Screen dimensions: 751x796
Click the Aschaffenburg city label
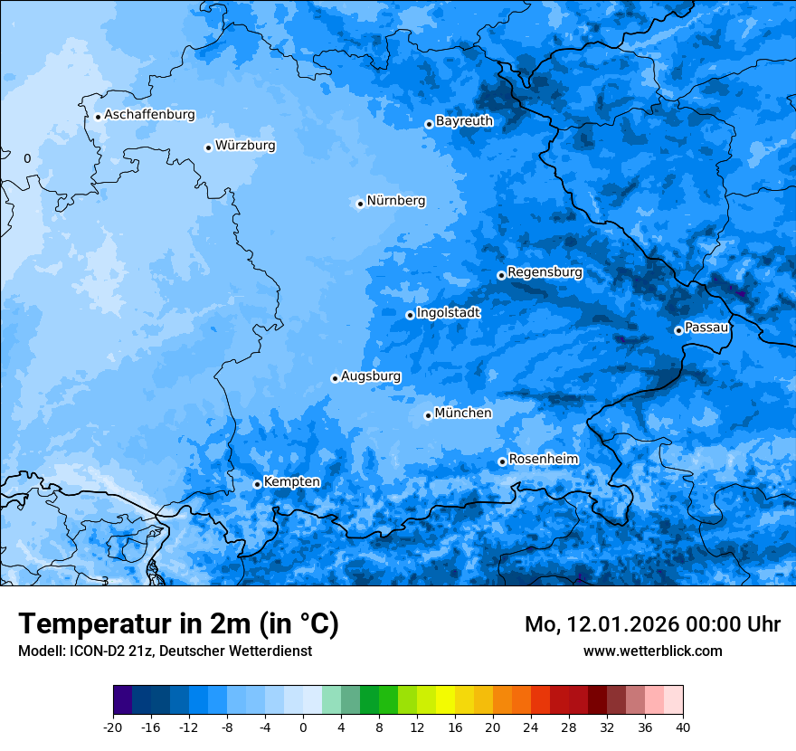click(149, 115)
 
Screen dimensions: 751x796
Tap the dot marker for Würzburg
click(208, 147)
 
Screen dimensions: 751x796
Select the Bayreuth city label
click(464, 120)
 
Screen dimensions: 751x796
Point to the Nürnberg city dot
click(360, 204)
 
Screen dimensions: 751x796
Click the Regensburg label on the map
click(545, 271)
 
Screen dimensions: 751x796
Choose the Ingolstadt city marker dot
click(410, 315)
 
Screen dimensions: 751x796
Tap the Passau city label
click(706, 327)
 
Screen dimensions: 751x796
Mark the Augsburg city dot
click(335, 378)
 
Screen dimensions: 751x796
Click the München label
click(463, 413)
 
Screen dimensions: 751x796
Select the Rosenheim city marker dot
click(502, 462)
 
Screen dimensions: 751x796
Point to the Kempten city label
click(291, 481)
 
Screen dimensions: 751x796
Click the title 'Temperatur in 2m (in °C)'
click(178, 623)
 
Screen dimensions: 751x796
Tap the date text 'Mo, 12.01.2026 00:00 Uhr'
click(652, 624)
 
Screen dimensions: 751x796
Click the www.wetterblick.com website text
click(652, 651)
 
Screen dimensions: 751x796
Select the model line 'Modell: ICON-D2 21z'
click(165, 651)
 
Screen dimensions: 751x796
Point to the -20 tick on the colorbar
click(113, 727)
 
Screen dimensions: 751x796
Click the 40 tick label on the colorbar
click(682, 727)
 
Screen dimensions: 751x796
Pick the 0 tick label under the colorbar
click(303, 727)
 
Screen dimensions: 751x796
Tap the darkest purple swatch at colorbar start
click(123, 700)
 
